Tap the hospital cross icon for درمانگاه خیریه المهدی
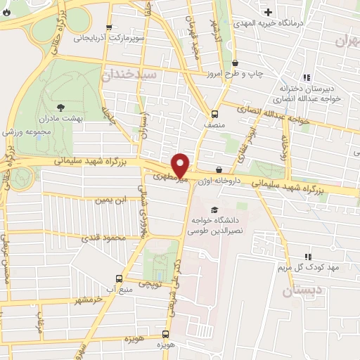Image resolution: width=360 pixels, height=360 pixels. [269, 12]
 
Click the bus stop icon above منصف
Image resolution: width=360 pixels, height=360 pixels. [214, 114]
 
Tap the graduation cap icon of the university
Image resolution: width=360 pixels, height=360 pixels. [214, 209]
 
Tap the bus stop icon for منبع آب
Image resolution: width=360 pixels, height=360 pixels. [119, 278]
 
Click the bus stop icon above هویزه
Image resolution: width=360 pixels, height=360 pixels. [166, 334]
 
